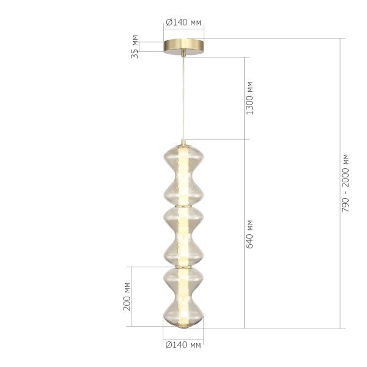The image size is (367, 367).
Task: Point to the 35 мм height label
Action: point(135,47)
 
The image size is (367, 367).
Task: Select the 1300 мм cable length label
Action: point(249,98)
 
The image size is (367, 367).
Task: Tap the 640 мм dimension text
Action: point(249,233)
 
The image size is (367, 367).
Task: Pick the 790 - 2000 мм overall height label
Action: point(347,182)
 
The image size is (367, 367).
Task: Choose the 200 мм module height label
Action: point(127,297)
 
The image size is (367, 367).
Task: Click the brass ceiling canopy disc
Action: point(183,47)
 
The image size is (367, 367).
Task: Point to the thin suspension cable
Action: point(183,98)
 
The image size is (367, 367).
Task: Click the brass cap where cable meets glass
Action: point(183,143)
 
